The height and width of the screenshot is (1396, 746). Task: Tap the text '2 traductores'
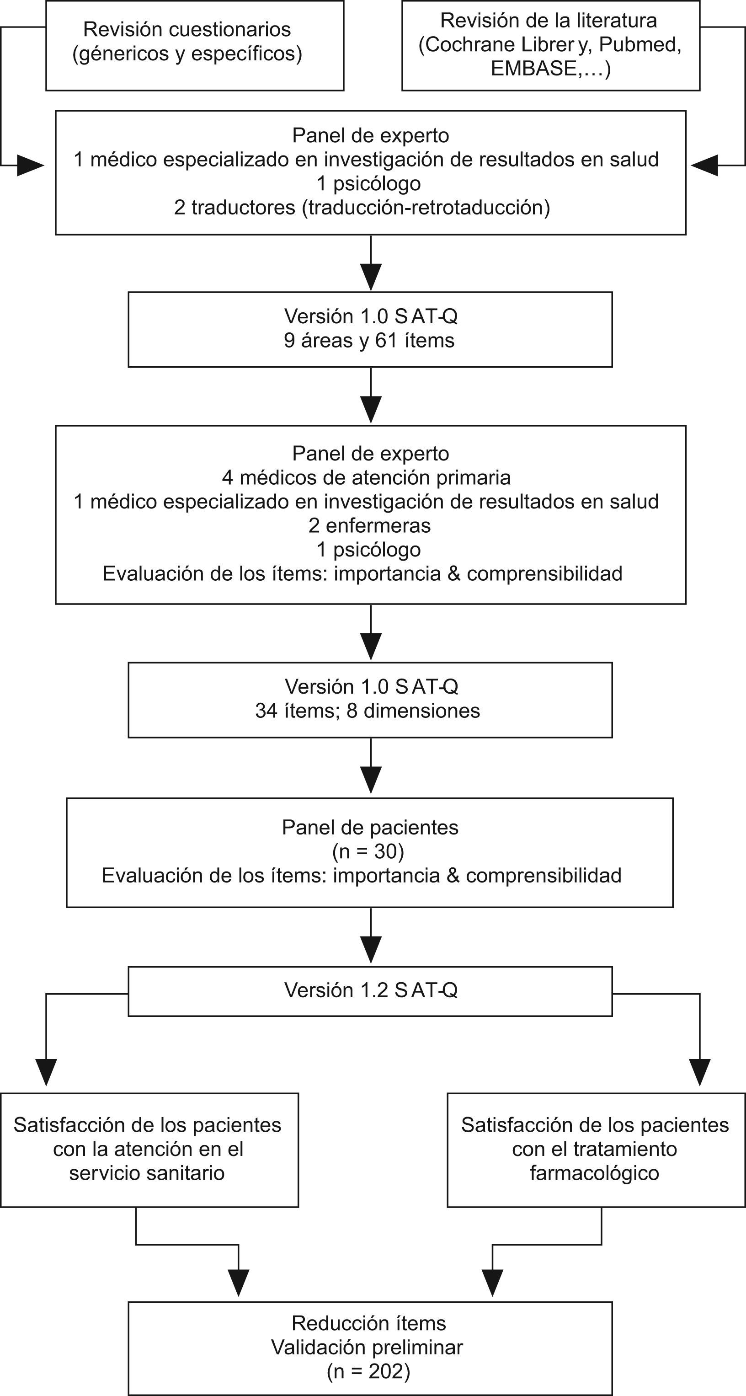235,207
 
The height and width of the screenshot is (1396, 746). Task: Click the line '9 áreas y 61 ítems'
369,340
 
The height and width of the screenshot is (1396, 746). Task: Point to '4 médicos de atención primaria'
366,477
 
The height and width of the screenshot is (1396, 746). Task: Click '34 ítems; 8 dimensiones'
368,711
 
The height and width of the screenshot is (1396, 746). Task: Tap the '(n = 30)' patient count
368,851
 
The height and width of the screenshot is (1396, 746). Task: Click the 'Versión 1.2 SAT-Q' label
371,990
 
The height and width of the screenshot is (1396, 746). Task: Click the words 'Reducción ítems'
368,1323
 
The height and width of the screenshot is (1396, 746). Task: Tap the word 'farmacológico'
594,1173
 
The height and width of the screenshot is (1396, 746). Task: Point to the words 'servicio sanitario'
147,1173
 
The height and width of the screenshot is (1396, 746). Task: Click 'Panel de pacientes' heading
370,828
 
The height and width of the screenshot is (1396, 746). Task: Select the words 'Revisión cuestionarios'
187,29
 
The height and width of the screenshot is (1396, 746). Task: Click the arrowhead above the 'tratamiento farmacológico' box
699,1072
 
